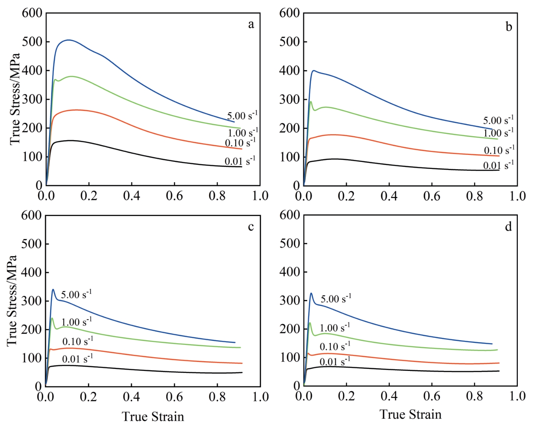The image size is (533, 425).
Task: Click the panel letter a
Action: click(251, 25)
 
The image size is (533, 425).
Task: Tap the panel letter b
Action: click(508, 26)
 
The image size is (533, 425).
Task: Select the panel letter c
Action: click(251, 227)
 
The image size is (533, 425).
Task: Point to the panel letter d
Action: click(508, 227)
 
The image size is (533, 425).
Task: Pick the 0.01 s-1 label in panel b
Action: click(498, 165)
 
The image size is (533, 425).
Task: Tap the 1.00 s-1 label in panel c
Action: click(77, 321)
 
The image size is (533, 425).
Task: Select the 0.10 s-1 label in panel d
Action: click(335, 346)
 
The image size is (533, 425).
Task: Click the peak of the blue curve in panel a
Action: click(69, 40)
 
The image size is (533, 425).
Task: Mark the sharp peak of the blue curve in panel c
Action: click(53, 290)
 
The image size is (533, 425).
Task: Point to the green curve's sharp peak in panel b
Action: click(310, 102)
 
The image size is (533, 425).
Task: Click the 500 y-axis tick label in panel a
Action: click(32, 42)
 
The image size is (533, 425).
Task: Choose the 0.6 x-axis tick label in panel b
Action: click(432, 196)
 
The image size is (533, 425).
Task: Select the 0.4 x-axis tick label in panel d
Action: click(389, 396)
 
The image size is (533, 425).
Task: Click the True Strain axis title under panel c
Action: click(153, 416)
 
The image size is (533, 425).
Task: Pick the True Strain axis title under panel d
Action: click(410, 414)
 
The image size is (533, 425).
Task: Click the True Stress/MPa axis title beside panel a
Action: click(15, 99)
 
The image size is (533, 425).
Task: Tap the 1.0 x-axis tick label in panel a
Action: click(260, 196)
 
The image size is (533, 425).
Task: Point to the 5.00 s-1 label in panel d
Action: click(336, 299)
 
